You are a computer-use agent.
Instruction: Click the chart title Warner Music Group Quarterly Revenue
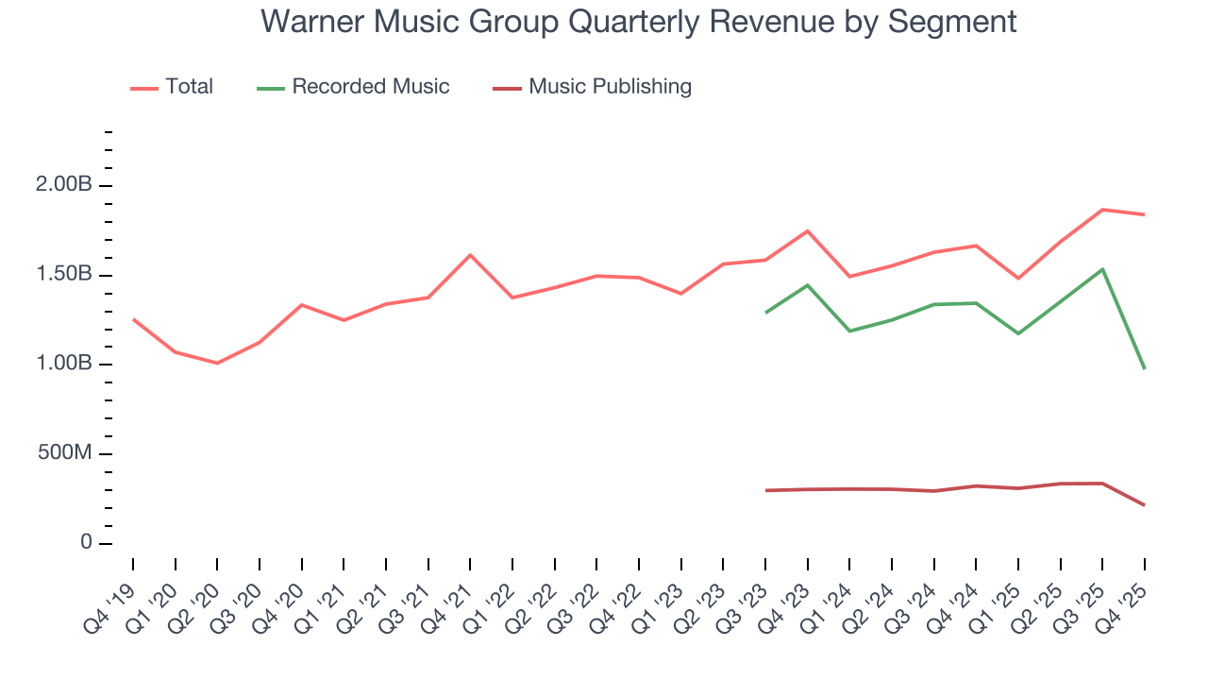(638, 21)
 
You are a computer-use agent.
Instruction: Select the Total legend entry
(189, 87)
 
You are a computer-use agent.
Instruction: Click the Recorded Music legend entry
(370, 87)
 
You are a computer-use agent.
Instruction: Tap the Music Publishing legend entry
(610, 87)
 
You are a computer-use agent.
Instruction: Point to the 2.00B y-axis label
(65, 186)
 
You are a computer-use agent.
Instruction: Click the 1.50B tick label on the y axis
(65, 275)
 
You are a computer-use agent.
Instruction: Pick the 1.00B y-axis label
(65, 365)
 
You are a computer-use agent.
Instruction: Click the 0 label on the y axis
(86, 543)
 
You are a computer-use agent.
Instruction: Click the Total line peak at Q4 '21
(470, 255)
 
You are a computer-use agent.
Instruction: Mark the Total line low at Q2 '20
(217, 363)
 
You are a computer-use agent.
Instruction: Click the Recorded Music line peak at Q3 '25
(1102, 269)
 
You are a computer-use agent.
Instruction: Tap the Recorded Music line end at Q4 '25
(1144, 368)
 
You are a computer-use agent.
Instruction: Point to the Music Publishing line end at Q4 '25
(1144, 505)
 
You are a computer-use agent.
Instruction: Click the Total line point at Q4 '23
(807, 231)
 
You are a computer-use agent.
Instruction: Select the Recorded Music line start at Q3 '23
(765, 313)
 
